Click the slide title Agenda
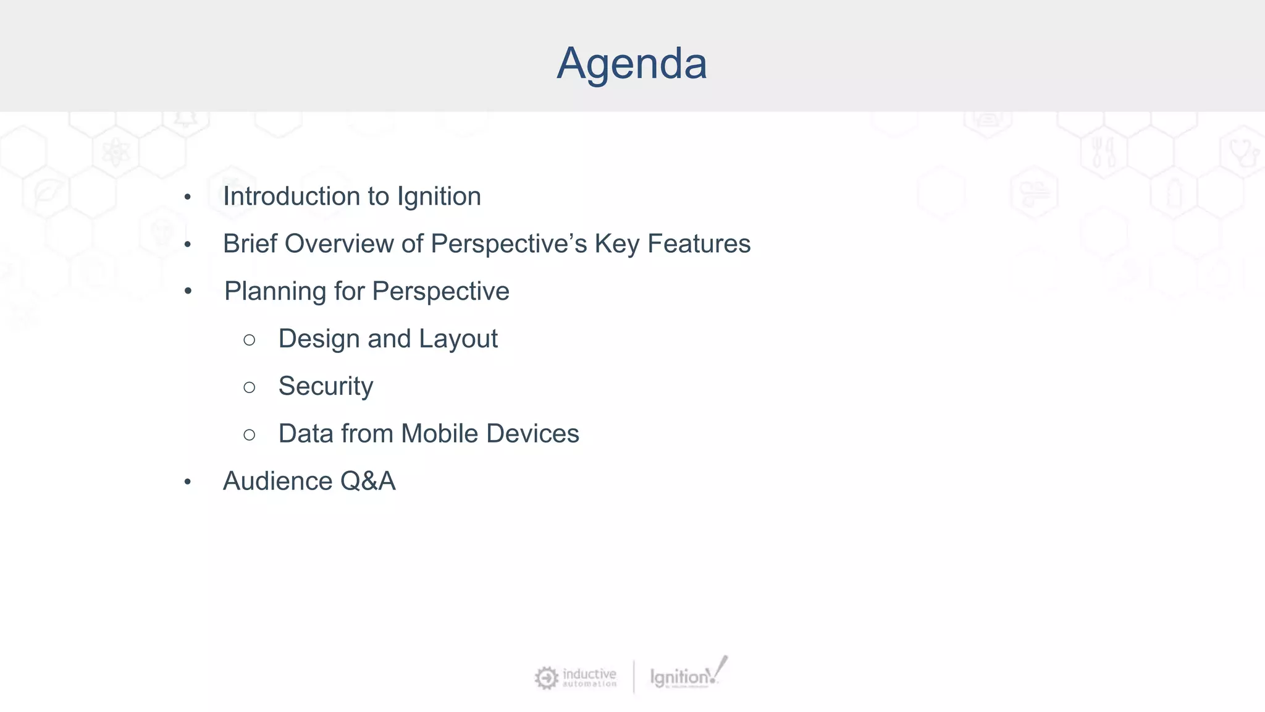631,64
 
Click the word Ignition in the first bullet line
439,197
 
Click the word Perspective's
508,244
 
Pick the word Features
699,244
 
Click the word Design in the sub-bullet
319,339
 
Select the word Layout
458,339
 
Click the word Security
326,386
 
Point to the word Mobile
439,433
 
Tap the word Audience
277,481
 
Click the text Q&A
368,481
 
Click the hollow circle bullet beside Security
249,388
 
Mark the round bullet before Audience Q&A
188,482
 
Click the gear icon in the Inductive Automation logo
546,678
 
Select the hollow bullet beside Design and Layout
249,340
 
